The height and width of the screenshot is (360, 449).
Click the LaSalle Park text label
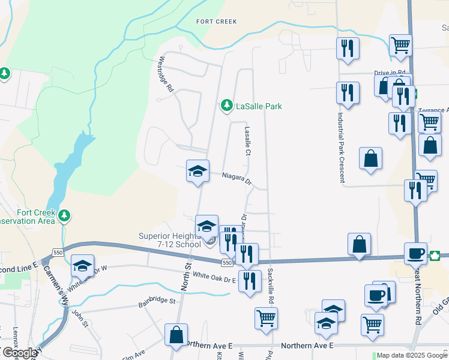click(x=258, y=107)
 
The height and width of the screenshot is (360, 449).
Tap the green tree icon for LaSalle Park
click(x=226, y=106)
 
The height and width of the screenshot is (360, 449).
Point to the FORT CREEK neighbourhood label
click(x=217, y=22)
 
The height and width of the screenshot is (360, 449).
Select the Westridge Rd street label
click(x=165, y=74)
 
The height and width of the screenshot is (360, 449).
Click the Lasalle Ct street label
click(x=247, y=141)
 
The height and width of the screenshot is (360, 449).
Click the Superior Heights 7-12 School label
click(x=170, y=239)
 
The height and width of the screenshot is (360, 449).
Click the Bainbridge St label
click(x=154, y=300)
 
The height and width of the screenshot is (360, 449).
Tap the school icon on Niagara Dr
click(x=197, y=171)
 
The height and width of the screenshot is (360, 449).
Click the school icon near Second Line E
click(x=82, y=266)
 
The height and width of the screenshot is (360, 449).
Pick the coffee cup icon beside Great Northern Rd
click(x=415, y=253)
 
